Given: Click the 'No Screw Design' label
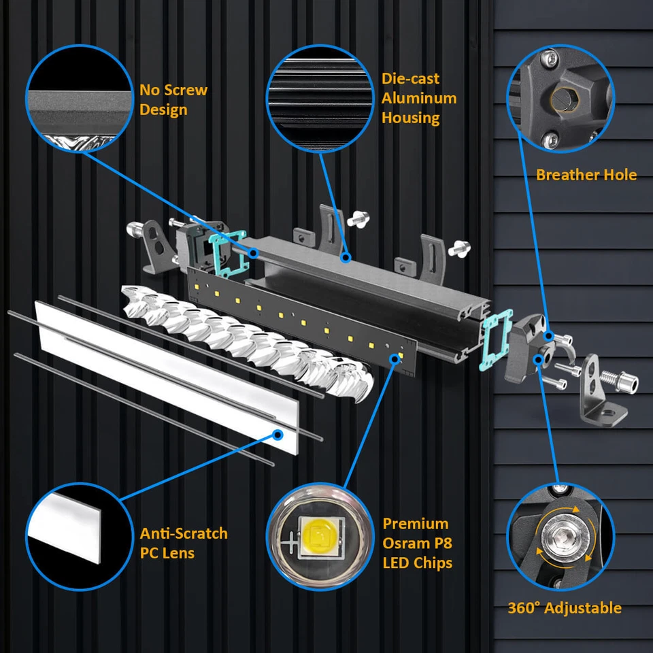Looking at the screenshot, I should point(173,99).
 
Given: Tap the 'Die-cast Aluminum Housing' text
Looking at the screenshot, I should point(418,98).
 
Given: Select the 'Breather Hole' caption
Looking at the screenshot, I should point(586,175).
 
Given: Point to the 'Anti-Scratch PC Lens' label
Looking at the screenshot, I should point(184,542).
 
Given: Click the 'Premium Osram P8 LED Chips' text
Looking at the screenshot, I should point(416,543).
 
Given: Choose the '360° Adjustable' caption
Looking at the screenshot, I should point(565,607).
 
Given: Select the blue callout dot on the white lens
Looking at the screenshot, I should point(278,433).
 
